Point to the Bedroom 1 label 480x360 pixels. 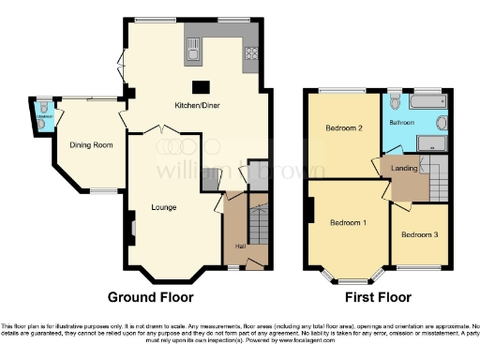tap(348, 222)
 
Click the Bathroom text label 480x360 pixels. tap(403, 122)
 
